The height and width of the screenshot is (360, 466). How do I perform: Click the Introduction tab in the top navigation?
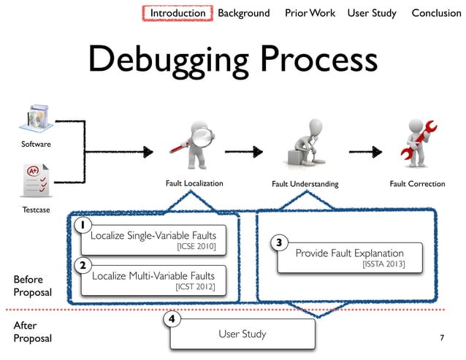pos(177,13)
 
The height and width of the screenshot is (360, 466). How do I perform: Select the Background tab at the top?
pos(243,13)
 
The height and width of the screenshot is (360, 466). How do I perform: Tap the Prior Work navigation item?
pos(310,13)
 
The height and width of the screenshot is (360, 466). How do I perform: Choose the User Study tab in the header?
pos(372,13)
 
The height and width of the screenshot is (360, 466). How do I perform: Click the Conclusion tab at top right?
pos(436,13)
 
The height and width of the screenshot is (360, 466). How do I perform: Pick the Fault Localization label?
pos(193,184)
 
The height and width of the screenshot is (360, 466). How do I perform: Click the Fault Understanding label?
pos(305,184)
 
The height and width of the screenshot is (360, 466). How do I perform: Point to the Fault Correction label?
pos(416,184)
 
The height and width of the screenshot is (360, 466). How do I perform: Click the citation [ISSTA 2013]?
pos(383,264)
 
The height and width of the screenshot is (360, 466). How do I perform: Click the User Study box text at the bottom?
pos(242,334)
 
